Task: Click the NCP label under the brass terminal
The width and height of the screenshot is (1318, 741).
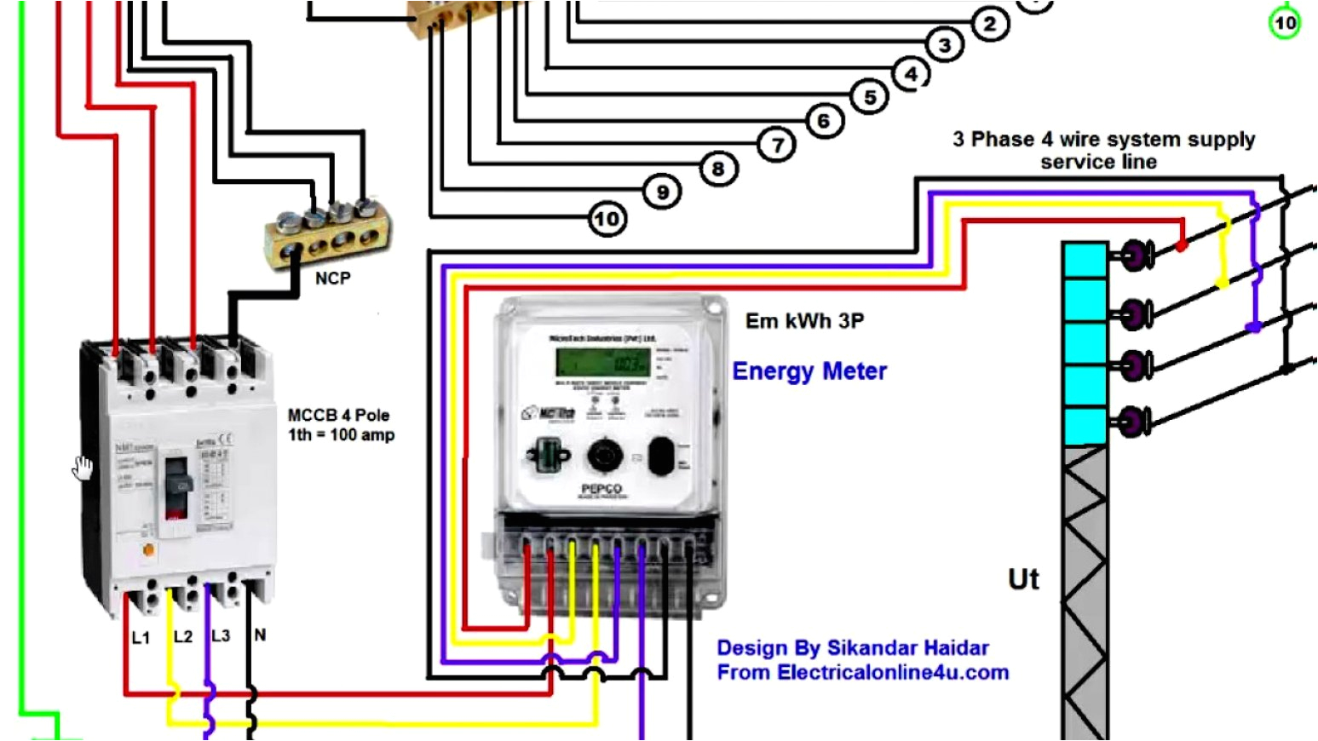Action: pos(332,279)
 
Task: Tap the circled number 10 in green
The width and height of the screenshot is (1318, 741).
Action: pos(1285,22)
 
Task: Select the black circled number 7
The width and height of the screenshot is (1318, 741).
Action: pos(777,146)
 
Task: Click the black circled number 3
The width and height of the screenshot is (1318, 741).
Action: pos(944,45)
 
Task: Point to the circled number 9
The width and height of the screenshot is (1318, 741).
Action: pos(662,192)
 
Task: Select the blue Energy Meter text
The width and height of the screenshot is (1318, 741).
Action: pos(809,371)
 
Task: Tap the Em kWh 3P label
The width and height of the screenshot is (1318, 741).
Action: pos(804,321)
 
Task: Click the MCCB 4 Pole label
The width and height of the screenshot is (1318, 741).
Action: pos(338,416)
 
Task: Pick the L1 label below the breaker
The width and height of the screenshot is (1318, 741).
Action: pos(141,638)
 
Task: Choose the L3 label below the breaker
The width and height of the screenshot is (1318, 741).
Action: pos(220,636)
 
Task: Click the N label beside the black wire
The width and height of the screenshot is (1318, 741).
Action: pos(260,635)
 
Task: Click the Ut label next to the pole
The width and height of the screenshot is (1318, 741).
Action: pos(1023,580)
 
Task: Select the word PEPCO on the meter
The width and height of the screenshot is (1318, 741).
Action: pos(601,489)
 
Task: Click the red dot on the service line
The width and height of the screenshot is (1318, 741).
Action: pos(1182,246)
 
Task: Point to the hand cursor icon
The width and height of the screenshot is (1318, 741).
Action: pos(83,468)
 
